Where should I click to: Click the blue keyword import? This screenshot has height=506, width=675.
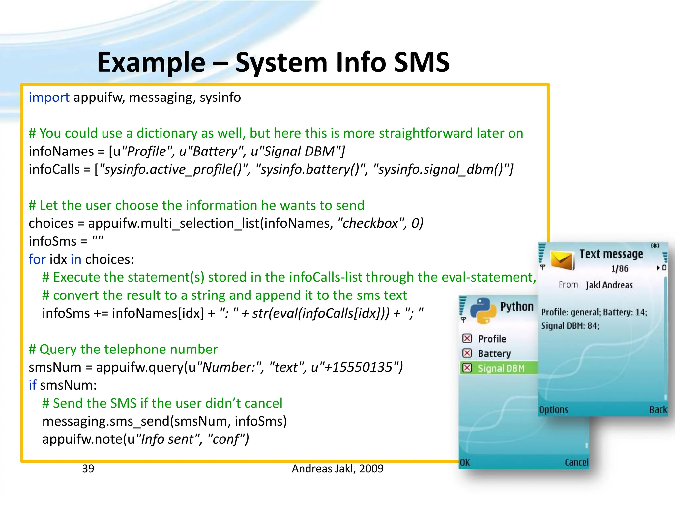[49, 98]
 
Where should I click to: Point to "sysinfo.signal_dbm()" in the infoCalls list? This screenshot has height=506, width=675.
[443, 169]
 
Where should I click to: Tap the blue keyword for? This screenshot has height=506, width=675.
[37, 259]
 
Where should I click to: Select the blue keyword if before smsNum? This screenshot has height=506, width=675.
[32, 385]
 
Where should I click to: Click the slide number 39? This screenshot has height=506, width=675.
[88, 468]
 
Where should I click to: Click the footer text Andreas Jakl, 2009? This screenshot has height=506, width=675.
[337, 468]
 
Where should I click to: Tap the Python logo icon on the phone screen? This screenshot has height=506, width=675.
[483, 311]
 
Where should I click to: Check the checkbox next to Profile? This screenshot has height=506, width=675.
[467, 338]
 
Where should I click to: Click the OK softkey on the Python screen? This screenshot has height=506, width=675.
[465, 463]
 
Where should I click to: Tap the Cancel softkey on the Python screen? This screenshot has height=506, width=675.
[576, 463]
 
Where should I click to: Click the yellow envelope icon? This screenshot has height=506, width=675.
[563, 260]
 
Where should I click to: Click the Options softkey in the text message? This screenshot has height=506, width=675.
[553, 409]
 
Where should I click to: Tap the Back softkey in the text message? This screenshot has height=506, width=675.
[658, 409]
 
